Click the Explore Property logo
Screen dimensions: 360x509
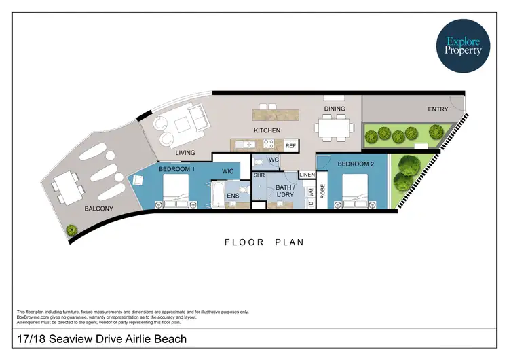tap(464, 46)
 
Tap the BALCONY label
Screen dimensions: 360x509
tap(99, 209)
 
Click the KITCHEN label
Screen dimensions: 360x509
tap(267, 130)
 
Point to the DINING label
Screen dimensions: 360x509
tap(335, 109)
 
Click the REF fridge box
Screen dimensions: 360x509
tap(290, 145)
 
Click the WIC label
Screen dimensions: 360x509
tap(227, 170)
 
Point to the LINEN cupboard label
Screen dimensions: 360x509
tap(307, 175)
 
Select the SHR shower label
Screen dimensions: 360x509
tap(259, 175)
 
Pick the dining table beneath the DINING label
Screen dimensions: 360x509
tap(335, 128)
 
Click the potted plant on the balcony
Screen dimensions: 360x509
tap(71, 231)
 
